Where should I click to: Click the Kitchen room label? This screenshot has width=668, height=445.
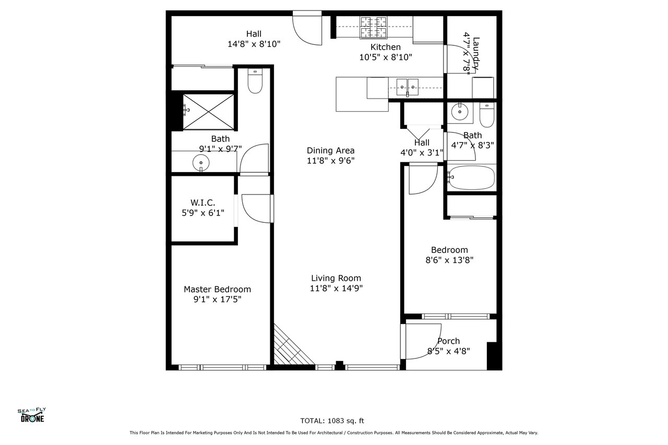tap(385, 47)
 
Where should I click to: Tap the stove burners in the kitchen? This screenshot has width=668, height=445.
tap(374, 28)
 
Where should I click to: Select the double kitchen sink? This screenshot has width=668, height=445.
tap(408, 87)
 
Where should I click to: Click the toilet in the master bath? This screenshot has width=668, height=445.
tap(255, 81)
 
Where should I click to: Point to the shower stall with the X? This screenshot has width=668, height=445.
tap(208, 112)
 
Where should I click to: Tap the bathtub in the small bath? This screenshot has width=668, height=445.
tap(471, 178)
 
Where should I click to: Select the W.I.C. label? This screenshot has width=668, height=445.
tap(203, 203)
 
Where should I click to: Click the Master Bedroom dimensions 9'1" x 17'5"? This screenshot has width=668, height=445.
tap(218, 299)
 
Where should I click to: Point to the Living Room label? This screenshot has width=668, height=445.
tap(336, 278)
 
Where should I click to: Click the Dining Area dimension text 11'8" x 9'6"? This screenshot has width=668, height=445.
tap(331, 161)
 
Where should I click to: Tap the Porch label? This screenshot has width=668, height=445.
tap(448, 341)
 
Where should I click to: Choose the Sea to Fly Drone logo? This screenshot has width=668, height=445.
tap(32, 415)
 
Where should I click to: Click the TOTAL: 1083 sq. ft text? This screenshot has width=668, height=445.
tap(332, 421)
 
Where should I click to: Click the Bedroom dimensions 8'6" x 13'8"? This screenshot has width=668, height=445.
tap(449, 260)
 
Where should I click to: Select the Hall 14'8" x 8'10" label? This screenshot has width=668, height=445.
tap(254, 39)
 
